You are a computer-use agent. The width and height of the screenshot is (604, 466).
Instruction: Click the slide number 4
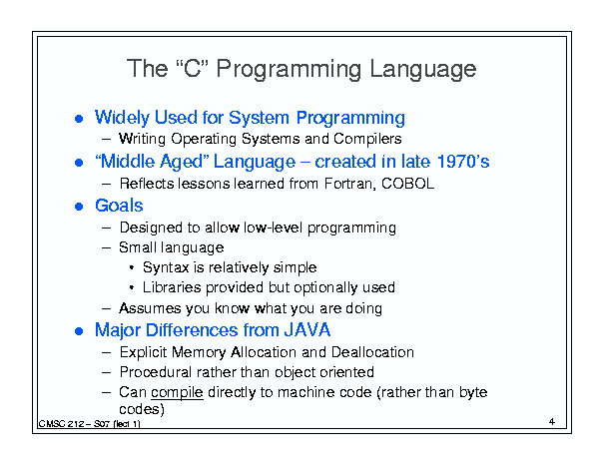552,422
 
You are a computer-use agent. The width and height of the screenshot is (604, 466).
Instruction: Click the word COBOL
407,184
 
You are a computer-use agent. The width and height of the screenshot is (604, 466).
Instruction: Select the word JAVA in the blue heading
307,330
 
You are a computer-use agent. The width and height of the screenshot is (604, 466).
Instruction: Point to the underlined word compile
177,392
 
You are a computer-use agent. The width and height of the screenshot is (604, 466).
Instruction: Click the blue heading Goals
119,206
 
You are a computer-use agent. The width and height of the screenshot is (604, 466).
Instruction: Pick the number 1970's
463,162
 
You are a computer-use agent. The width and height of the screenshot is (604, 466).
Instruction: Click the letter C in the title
193,69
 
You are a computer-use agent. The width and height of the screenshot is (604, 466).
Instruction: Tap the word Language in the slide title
422,69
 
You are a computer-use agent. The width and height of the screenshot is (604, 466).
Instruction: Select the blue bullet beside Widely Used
79,119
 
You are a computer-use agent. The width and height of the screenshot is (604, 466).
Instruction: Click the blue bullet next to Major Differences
79,331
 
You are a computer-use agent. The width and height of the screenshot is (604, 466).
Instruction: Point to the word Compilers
367,139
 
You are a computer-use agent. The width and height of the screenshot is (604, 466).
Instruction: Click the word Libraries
172,287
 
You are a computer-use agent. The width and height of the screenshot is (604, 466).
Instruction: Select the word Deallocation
372,352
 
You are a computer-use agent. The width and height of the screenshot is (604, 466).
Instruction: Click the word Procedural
156,372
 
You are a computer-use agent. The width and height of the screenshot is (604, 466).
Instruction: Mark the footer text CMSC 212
61,424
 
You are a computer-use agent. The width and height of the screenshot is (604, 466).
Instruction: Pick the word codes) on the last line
142,409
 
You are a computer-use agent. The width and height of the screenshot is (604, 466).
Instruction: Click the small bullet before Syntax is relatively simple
132,267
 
